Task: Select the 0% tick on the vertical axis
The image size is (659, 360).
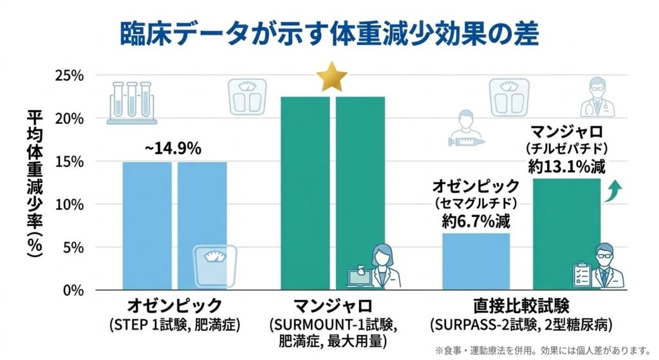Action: point(71,290)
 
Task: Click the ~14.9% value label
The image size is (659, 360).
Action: point(172,148)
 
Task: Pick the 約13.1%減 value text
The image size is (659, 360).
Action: point(566,167)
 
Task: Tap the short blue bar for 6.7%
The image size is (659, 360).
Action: point(477,261)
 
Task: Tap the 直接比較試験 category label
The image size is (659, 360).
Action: point(521,304)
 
